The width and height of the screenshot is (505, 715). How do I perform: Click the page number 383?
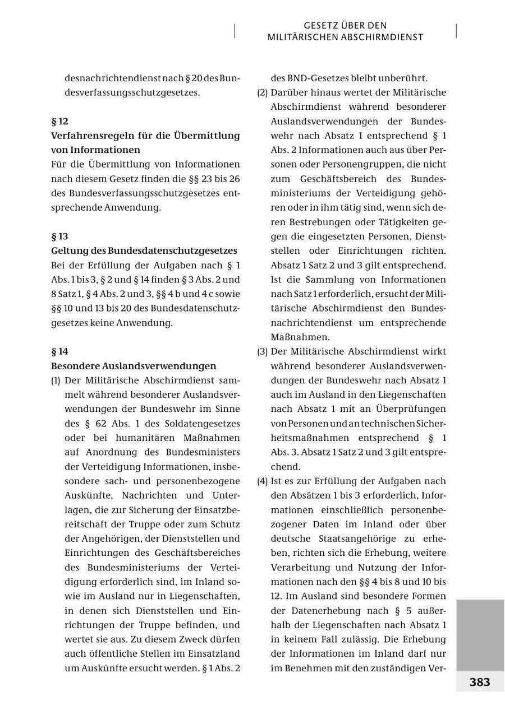click(x=480, y=682)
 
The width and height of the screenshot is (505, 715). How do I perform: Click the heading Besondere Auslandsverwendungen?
click(x=134, y=366)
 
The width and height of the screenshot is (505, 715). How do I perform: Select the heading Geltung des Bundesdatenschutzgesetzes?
click(x=144, y=250)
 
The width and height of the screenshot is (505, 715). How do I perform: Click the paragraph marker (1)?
click(x=56, y=380)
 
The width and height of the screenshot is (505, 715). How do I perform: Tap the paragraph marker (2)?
click(x=262, y=92)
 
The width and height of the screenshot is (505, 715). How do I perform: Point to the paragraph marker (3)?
click(x=262, y=351)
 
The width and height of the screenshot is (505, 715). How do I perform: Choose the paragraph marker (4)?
click(x=262, y=481)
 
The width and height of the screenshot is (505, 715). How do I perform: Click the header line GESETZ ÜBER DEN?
click(x=345, y=26)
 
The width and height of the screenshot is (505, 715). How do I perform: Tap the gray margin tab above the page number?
click(x=480, y=635)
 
